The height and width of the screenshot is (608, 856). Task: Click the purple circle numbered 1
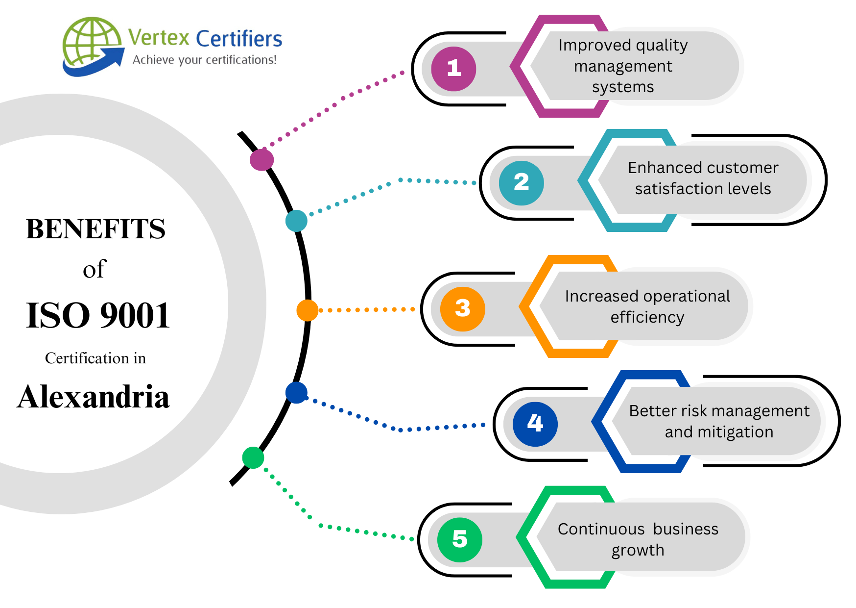(453, 69)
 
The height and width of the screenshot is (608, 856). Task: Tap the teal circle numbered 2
(521, 183)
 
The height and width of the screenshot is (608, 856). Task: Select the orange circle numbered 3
(462, 309)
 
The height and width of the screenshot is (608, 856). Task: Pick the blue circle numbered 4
(535, 424)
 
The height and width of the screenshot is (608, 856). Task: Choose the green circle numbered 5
(459, 539)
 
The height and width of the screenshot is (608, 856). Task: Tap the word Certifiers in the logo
(239, 39)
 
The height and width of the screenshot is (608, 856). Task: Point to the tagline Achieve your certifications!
(205, 60)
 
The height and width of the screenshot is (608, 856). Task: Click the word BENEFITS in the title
(95, 229)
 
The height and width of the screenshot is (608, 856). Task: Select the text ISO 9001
(98, 315)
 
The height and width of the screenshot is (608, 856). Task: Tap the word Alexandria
(93, 397)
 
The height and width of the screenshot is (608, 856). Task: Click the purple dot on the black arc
(262, 159)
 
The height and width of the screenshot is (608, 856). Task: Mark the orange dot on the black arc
(308, 310)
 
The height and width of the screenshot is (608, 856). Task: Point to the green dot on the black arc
(253, 457)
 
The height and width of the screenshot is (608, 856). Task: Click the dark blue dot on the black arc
(296, 393)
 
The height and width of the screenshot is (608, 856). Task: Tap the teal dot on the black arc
(296, 221)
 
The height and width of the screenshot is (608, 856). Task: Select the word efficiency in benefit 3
(647, 317)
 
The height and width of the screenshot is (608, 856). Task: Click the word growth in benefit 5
(638, 550)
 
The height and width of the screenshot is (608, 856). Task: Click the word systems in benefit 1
(623, 87)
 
